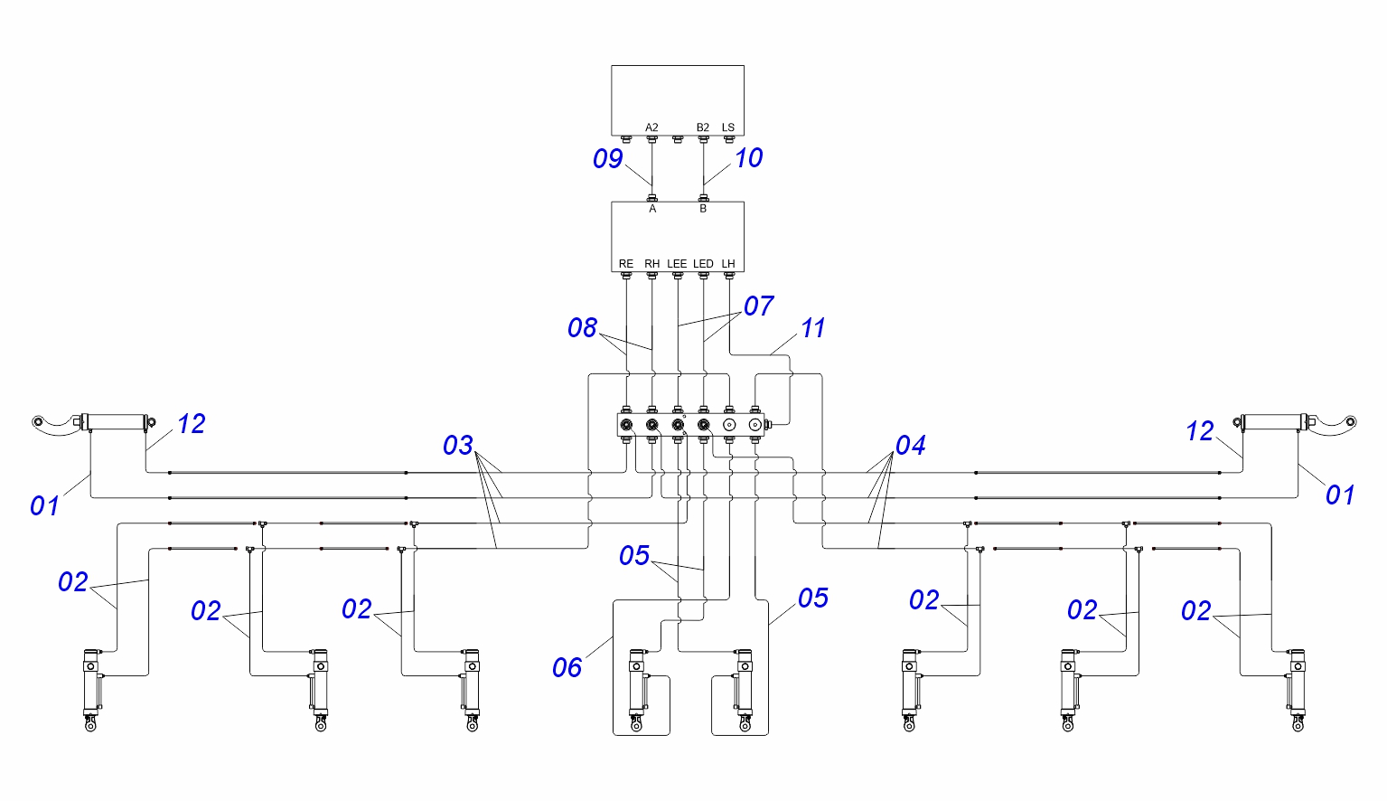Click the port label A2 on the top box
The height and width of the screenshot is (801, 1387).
(651, 127)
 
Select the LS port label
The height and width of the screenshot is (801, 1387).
(728, 127)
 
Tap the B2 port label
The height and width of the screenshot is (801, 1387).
(703, 127)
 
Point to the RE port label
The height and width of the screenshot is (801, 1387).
(626, 264)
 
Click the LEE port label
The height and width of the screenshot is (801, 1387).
(677, 264)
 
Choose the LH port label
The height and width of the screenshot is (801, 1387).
(728, 264)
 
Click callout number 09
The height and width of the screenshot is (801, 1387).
(607, 159)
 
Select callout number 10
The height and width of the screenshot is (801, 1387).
(748, 158)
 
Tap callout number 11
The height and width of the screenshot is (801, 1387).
(813, 328)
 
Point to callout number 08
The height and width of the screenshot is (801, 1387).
(582, 328)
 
